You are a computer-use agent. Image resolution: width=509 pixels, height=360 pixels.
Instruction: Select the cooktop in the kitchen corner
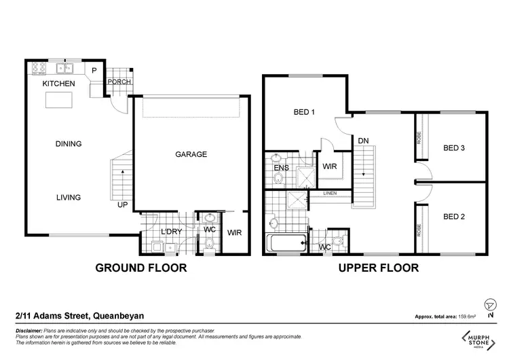[36, 67]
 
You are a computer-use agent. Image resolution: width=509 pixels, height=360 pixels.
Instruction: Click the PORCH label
[118, 83]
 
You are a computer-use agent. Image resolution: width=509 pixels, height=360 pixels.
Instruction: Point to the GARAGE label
[191, 154]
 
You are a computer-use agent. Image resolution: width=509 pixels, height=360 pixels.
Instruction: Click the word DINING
[69, 144]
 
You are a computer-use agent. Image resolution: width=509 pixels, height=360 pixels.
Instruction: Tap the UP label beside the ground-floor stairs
[122, 204]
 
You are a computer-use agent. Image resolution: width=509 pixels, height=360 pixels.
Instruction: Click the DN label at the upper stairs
[364, 141]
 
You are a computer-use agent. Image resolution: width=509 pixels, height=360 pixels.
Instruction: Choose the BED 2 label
[454, 217]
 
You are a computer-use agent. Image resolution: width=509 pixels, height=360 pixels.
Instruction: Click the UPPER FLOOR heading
[379, 268]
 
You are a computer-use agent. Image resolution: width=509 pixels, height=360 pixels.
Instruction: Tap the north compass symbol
[491, 305]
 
